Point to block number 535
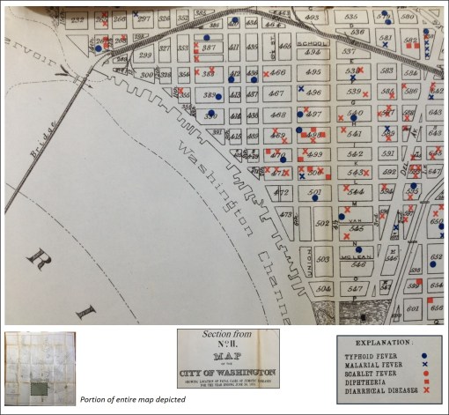(350, 17)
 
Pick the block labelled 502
(321, 223)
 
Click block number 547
(356, 288)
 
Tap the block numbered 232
(78, 17)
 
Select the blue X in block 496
(301, 90)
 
